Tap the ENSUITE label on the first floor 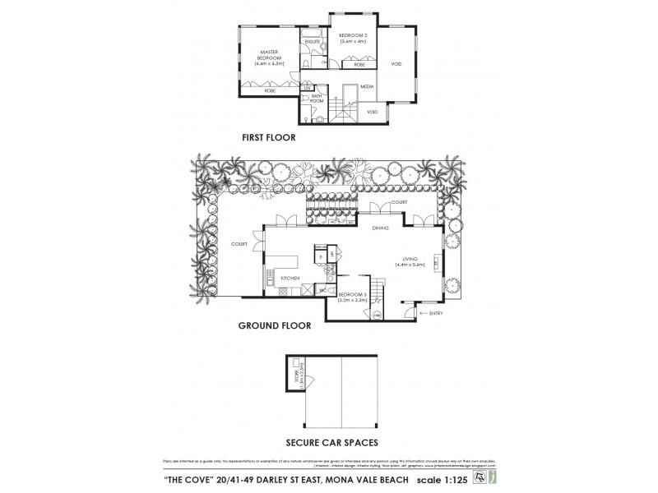click(x=312, y=41)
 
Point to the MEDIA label click(x=367, y=86)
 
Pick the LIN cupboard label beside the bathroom click(x=307, y=86)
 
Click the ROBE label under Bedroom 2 click(x=360, y=63)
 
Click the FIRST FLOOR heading click(x=268, y=137)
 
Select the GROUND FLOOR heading click(x=274, y=325)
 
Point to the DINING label click(x=380, y=227)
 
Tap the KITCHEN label click(x=290, y=279)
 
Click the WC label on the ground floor click(x=313, y=289)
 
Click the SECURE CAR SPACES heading click(x=331, y=442)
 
